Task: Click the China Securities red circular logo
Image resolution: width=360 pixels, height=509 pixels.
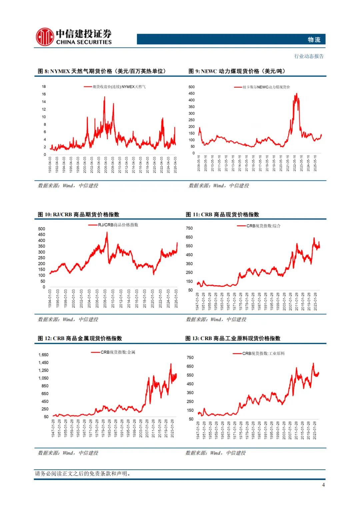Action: coord(45,37)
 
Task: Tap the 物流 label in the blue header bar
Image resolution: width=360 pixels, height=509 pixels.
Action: coord(314,40)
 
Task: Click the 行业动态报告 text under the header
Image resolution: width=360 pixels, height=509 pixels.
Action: coord(309,56)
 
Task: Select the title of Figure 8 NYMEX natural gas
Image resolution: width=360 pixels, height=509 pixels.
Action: coord(102,71)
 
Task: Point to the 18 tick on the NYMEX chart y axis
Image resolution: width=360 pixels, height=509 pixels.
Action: coord(44,87)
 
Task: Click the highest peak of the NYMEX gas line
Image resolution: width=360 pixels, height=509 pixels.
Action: coord(105,97)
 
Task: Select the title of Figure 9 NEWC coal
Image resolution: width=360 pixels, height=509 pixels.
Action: coord(237,71)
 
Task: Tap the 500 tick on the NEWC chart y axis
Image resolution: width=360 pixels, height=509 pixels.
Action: coord(192,87)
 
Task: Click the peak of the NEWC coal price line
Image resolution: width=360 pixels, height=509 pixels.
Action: coord(296,94)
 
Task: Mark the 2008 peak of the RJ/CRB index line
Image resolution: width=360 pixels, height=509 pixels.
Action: coord(107,232)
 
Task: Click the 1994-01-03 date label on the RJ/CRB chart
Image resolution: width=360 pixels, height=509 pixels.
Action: coord(50,298)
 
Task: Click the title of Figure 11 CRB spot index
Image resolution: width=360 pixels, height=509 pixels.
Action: coord(222,215)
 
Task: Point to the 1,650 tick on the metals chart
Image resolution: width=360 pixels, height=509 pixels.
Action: coord(43,355)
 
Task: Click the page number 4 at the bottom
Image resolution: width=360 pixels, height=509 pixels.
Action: coord(323,485)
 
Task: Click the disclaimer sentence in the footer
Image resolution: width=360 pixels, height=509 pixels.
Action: coord(83,474)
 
